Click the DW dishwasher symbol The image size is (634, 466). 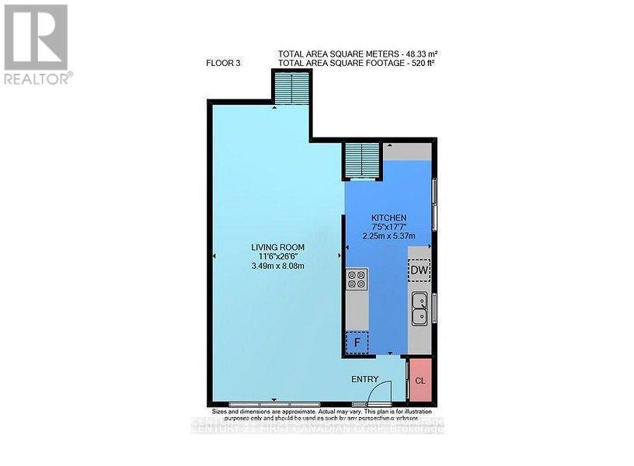(x=419, y=270)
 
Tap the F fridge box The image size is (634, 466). (x=357, y=340)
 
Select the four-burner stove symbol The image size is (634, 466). (x=357, y=278)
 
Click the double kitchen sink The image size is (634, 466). (x=420, y=307)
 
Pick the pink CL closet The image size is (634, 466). (x=420, y=381)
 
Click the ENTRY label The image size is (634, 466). (x=365, y=378)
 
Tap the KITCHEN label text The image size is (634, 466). (x=388, y=217)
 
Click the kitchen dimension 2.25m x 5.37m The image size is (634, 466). (x=388, y=236)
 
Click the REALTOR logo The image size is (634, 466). (x=37, y=43)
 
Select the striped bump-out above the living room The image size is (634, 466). (x=291, y=87)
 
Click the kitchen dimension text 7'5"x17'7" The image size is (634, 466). (x=388, y=227)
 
